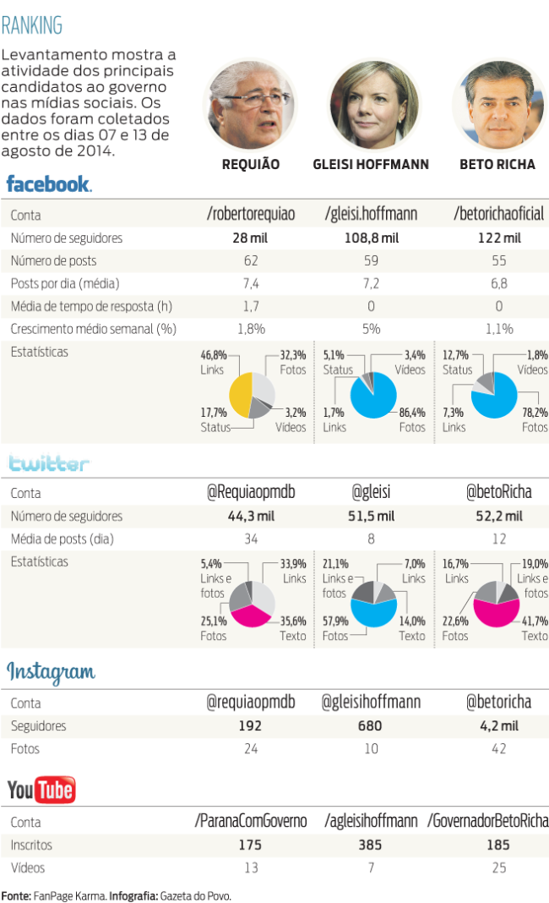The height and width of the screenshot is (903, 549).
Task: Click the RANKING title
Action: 32,26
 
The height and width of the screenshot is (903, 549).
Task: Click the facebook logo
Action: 49,183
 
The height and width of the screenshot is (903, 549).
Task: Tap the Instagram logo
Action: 52,672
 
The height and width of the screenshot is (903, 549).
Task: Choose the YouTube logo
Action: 41,791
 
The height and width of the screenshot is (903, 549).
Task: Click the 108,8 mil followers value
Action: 371,238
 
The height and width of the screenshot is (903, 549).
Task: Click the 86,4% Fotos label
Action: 412,419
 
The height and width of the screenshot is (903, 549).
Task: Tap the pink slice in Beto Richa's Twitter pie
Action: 495,613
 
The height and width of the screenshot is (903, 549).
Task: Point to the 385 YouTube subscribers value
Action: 371,845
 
